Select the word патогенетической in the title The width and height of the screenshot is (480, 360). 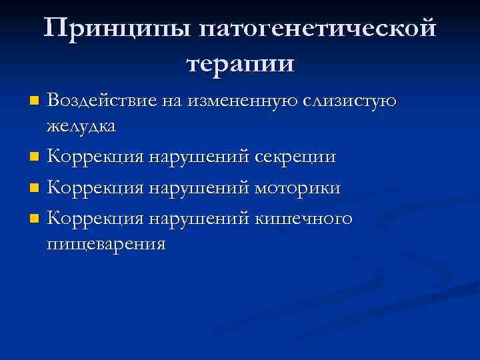[319, 29]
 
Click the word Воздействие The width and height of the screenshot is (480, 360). [100, 101]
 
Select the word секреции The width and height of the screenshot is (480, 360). [295, 157]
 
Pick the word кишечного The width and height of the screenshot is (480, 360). [303, 218]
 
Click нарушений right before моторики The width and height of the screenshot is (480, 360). [199, 188]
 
